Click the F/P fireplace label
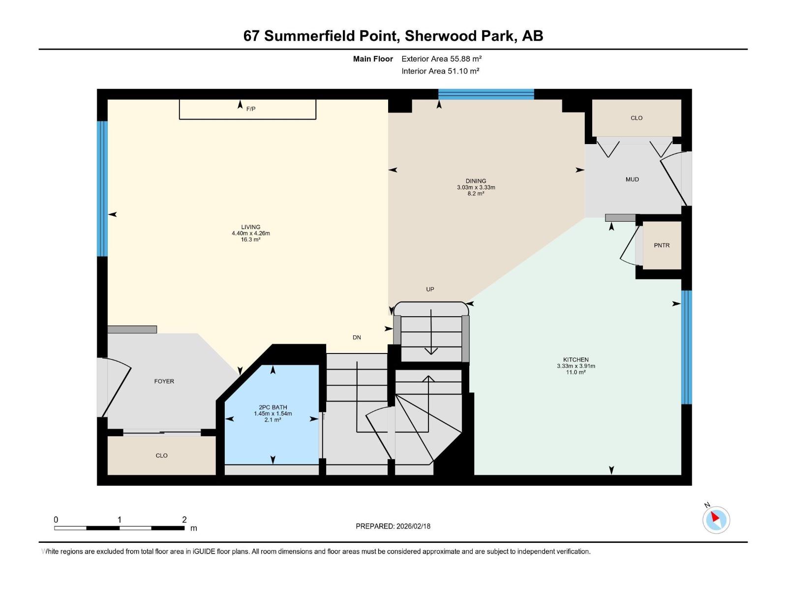[251, 109]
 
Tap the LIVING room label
[251, 227]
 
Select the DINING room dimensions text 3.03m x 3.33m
[476, 187]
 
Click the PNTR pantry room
[662, 245]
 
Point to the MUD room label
[632, 179]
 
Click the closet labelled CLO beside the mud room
[636, 118]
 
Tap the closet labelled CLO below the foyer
[161, 456]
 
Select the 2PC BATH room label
[272, 407]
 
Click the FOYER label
[164, 381]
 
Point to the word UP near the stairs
[430, 289]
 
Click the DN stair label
[357, 337]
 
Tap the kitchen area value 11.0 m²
[575, 373]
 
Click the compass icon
[716, 520]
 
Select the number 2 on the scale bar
[184, 520]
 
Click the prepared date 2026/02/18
[413, 526]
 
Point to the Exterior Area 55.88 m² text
[441, 59]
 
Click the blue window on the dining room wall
[486, 94]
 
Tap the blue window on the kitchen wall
[686, 347]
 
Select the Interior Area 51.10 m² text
[440, 71]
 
